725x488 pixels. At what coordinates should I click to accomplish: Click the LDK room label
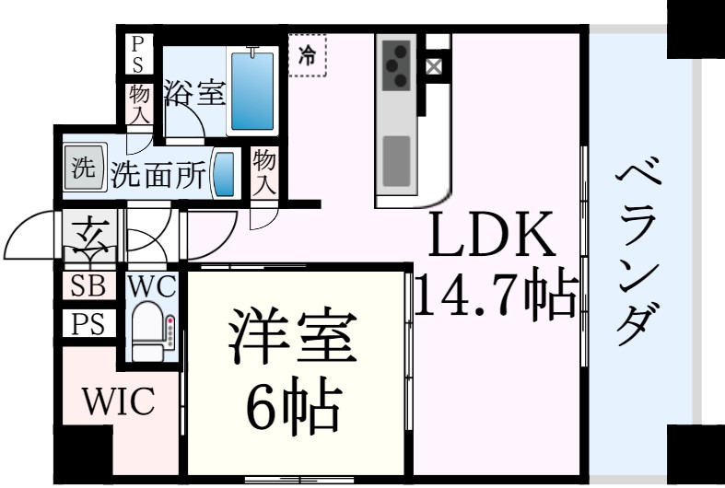coord(493,234)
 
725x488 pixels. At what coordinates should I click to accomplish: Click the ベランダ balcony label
coord(638,251)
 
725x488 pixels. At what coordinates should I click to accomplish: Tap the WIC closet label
coord(119,401)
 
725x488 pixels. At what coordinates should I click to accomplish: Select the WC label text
coord(152,286)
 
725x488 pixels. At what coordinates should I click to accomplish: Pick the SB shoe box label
coord(88,285)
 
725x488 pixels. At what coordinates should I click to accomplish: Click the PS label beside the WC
coord(88,323)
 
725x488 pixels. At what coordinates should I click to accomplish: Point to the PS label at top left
coord(138,55)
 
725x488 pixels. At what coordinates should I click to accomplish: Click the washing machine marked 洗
coord(84,168)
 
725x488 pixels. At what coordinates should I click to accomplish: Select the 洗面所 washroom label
coord(158,175)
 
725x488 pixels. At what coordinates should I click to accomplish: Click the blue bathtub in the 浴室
coord(252,91)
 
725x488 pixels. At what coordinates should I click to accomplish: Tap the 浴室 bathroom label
coord(195,93)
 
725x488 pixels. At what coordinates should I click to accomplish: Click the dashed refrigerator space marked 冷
coord(308,55)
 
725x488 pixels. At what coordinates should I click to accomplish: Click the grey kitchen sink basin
coord(396,161)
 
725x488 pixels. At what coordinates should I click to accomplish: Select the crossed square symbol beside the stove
coord(434,67)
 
